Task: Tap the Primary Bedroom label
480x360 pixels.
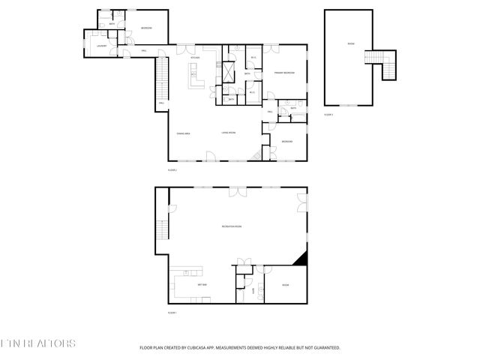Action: (x=283, y=73)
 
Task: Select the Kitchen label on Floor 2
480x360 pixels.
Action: (x=195, y=58)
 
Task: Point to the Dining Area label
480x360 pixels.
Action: (x=183, y=133)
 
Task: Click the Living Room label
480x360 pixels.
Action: (x=229, y=133)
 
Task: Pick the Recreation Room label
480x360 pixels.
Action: (x=232, y=226)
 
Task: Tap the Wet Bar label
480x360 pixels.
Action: (x=202, y=285)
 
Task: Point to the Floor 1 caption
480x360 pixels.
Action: (x=172, y=312)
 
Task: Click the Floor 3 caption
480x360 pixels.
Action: (x=328, y=115)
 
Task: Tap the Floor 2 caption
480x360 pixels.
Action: (x=172, y=170)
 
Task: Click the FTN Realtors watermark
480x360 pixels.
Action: (x=37, y=343)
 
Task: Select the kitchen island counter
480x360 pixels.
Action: (x=195, y=74)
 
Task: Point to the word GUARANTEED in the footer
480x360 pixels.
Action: (x=325, y=348)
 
